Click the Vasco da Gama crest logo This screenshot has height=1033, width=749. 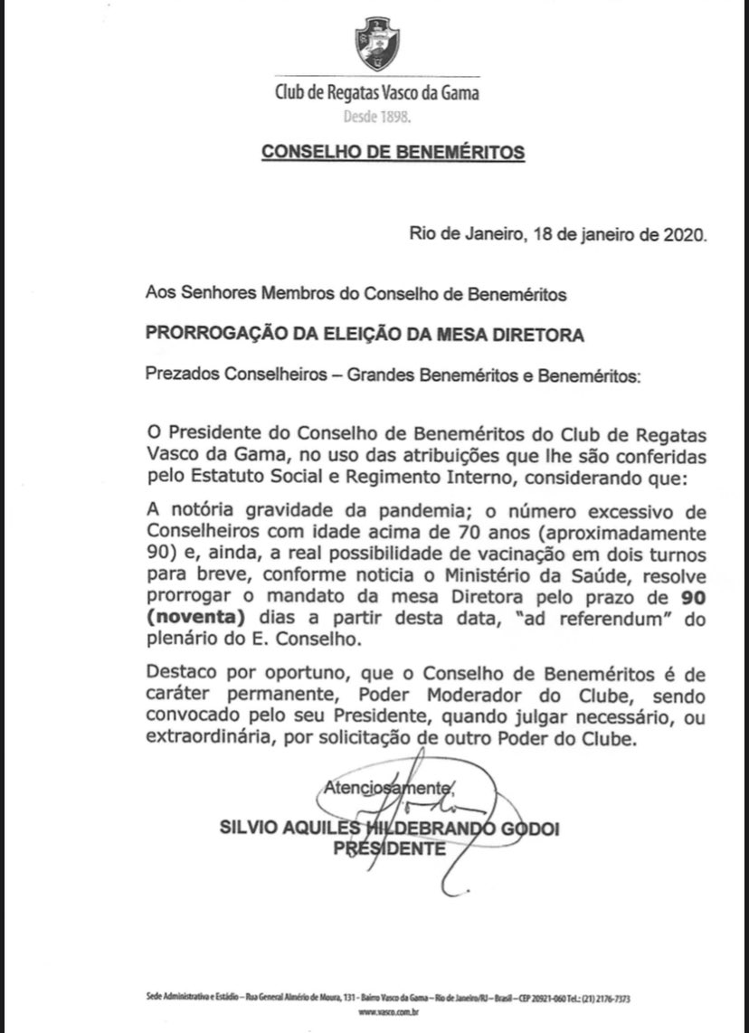(x=375, y=43)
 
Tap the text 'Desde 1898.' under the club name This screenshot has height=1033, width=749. (x=376, y=117)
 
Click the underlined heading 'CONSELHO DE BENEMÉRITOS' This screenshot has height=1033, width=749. (x=393, y=152)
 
